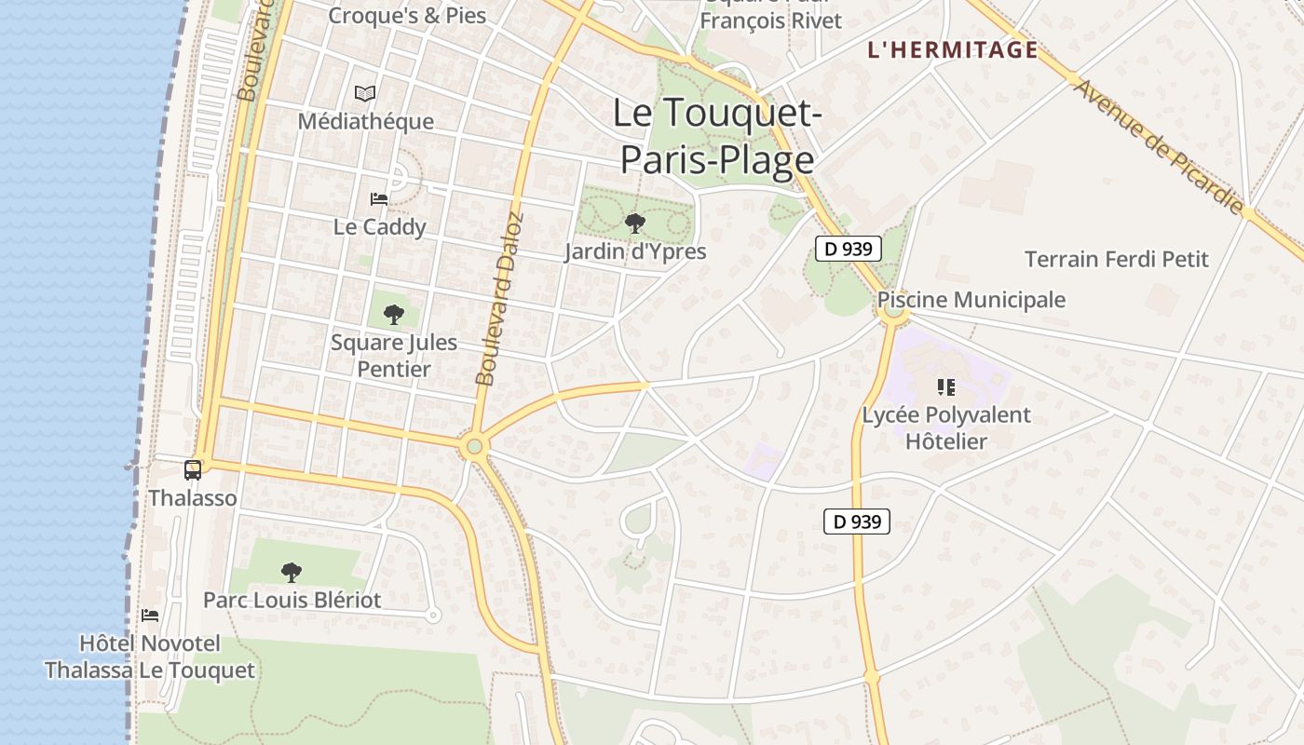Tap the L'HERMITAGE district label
pyautogui.click(x=952, y=50)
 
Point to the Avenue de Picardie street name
pyautogui.click(x=1159, y=147)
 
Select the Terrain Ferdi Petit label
pyautogui.click(x=1117, y=259)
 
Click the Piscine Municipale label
pyautogui.click(x=971, y=300)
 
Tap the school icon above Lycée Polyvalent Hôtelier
pyautogui.click(x=946, y=386)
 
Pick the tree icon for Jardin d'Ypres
pyautogui.click(x=635, y=223)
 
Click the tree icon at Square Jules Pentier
pyautogui.click(x=394, y=314)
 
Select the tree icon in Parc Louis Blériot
pyautogui.click(x=292, y=572)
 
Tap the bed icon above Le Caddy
pyautogui.click(x=379, y=198)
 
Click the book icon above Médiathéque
pyautogui.click(x=366, y=93)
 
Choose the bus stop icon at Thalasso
pyautogui.click(x=193, y=470)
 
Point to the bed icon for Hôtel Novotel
pyautogui.click(x=149, y=616)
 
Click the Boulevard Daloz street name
pyautogui.click(x=500, y=299)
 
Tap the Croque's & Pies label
pyautogui.click(x=407, y=15)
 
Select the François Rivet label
pyautogui.click(x=770, y=20)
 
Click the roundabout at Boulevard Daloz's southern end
pyautogui.click(x=474, y=446)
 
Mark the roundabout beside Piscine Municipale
pyautogui.click(x=894, y=311)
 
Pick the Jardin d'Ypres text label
pyautogui.click(x=635, y=251)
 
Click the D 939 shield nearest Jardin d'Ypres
pyautogui.click(x=849, y=249)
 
